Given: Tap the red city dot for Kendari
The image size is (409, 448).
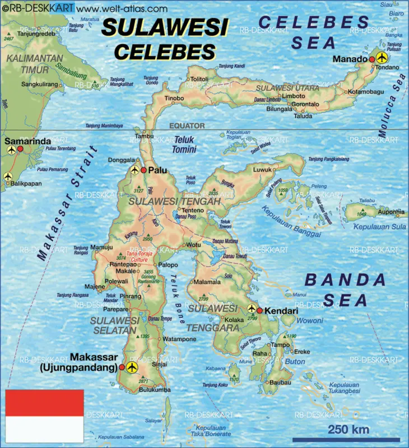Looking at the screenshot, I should click(260, 310).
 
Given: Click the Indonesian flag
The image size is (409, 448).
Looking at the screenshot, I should click(44, 415).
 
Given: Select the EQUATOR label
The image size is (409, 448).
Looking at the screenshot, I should click(187, 126).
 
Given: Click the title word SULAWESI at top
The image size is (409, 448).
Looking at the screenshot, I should click(165, 28).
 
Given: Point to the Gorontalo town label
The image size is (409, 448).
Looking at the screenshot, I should click(305, 104).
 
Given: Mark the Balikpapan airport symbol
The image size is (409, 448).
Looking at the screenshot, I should click(8, 177).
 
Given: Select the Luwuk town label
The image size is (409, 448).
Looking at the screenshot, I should click(262, 169).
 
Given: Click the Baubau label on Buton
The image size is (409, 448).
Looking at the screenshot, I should click(280, 382).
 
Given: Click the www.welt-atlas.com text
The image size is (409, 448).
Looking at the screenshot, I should click(121, 9).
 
